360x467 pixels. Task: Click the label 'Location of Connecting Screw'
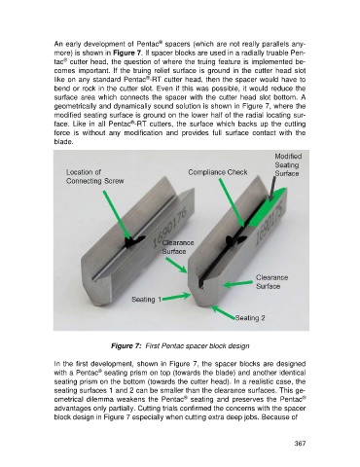point(95,177)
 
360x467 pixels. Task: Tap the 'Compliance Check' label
point(218,172)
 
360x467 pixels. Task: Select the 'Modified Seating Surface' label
point(287,164)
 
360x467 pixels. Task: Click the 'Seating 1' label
point(146,300)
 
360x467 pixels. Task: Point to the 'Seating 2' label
point(250,318)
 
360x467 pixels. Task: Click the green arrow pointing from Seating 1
point(176,297)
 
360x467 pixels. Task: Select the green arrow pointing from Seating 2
point(224,312)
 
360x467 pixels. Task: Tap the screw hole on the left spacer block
point(134,241)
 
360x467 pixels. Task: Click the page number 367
point(300,444)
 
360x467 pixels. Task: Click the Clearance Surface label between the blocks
point(178,247)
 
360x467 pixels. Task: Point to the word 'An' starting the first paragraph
point(57,44)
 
